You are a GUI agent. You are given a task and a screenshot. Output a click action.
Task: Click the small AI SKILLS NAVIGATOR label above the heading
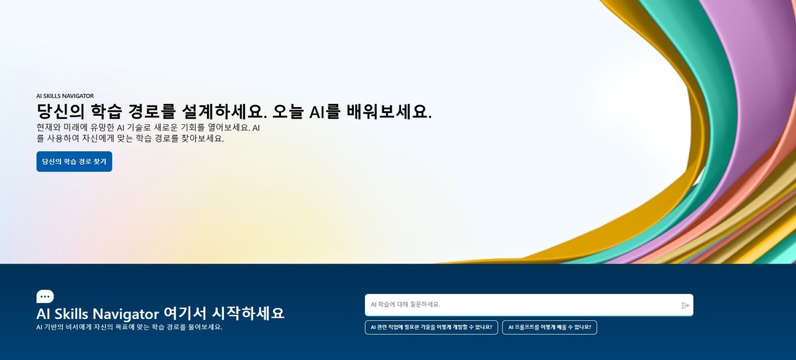65,96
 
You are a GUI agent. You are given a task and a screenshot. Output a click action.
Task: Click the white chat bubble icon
45,297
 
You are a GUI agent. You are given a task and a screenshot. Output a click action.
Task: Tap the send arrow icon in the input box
685,305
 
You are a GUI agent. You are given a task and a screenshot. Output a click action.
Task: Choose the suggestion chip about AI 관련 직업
431,327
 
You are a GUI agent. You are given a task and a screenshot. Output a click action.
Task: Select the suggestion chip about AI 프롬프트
549,327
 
